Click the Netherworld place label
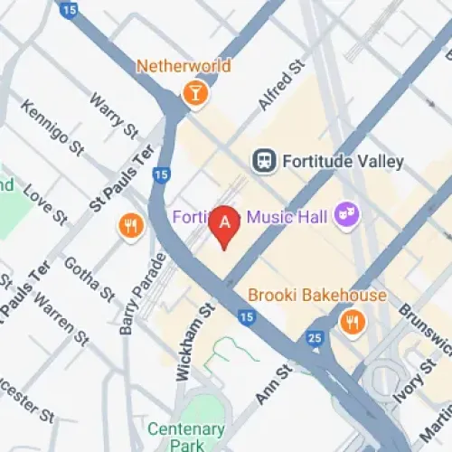coord(184,66)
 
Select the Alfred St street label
coord(278,86)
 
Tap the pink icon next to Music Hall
coord(345,213)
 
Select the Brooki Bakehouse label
coord(316,296)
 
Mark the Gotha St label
coord(88,279)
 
